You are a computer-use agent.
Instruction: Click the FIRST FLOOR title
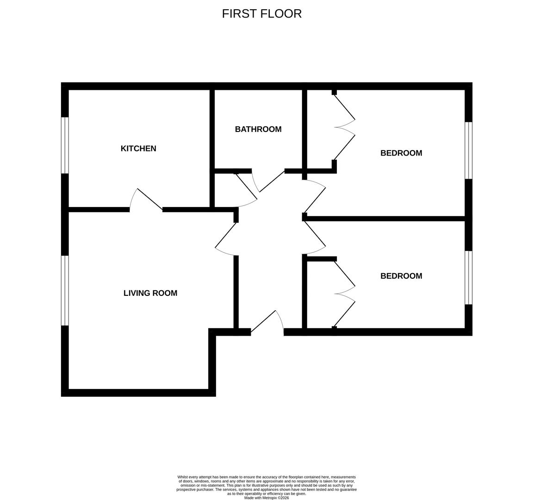[262, 13]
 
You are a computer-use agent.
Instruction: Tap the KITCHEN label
[138, 149]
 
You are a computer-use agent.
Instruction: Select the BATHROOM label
[258, 129]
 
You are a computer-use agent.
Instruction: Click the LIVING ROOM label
[150, 293]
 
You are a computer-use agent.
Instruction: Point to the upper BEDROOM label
[401, 153]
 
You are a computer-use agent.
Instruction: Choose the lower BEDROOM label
[401, 276]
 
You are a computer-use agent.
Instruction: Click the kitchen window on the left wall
[65, 145]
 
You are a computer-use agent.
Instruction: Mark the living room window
[65, 290]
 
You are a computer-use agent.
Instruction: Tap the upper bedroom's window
[468, 150]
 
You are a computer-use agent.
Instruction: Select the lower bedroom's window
[468, 278]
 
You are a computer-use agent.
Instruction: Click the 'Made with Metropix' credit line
[266, 498]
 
